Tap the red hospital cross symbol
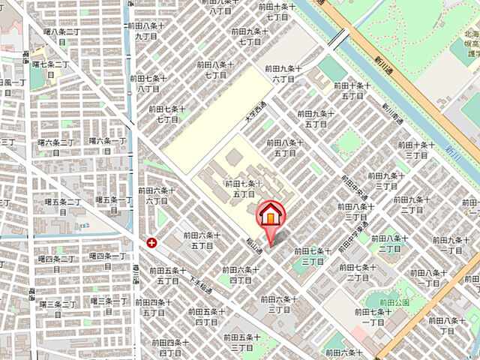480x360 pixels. click(x=152, y=242)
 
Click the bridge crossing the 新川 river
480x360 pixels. click(x=340, y=36)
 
